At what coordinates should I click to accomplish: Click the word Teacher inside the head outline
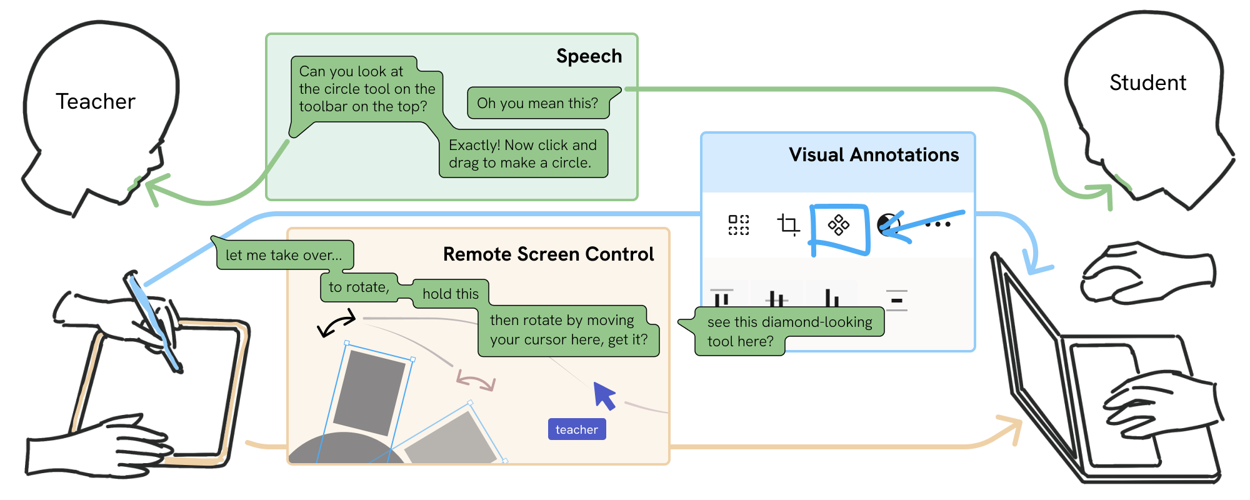[95, 101]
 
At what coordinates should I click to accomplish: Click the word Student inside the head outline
[1147, 82]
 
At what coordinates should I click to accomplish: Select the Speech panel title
[589, 56]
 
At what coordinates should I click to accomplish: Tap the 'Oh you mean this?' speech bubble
[537, 103]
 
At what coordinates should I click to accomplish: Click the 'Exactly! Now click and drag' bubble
[522, 154]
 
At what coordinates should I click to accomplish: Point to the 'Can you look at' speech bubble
[366, 89]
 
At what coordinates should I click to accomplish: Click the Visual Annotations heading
[873, 155]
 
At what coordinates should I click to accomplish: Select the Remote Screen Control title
[548, 254]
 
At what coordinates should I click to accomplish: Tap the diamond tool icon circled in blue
[838, 225]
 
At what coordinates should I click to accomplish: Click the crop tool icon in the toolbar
[788, 224]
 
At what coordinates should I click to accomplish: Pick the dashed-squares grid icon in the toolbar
[738, 224]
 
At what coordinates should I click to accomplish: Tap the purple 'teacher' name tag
[576, 429]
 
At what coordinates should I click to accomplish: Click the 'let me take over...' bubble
[284, 255]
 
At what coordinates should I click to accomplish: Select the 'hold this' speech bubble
[450, 294]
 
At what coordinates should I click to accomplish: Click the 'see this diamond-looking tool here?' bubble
[789, 331]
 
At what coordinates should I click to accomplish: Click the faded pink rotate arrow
[475, 379]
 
